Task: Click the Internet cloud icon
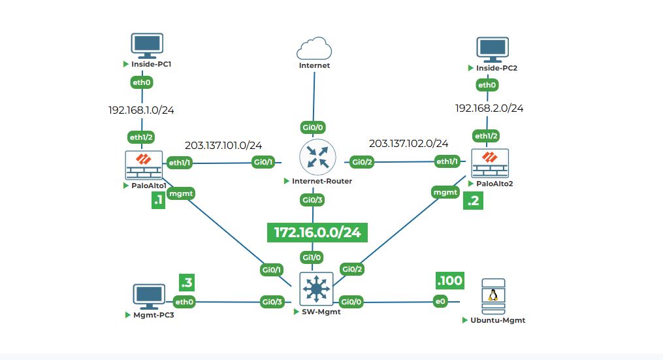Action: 314,49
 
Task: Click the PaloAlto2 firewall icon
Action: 490,163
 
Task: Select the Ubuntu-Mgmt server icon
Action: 493,298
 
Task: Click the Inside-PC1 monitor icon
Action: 146,46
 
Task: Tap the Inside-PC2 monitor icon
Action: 493,49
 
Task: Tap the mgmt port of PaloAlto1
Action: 180,193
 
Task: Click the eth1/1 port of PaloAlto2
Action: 447,161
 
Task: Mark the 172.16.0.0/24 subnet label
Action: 317,233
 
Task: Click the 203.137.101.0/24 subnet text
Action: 223,145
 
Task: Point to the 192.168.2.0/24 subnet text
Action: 489,108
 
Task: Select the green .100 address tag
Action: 449,281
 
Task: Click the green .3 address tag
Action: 187,282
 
